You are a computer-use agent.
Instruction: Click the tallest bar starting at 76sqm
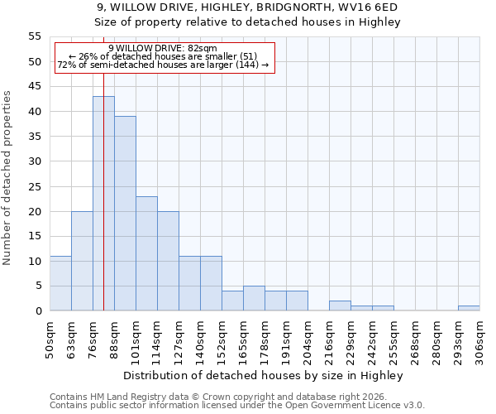103,204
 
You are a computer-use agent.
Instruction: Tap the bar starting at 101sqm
146,253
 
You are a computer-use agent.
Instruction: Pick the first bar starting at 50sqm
60,283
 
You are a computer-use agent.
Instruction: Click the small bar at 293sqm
469,308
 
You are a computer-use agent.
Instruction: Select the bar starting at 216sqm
340,306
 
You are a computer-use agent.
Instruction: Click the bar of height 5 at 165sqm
254,298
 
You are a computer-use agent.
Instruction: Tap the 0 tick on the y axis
37,311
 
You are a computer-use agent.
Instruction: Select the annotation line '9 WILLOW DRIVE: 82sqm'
163,48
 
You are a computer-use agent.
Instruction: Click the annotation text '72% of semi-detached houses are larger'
163,65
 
